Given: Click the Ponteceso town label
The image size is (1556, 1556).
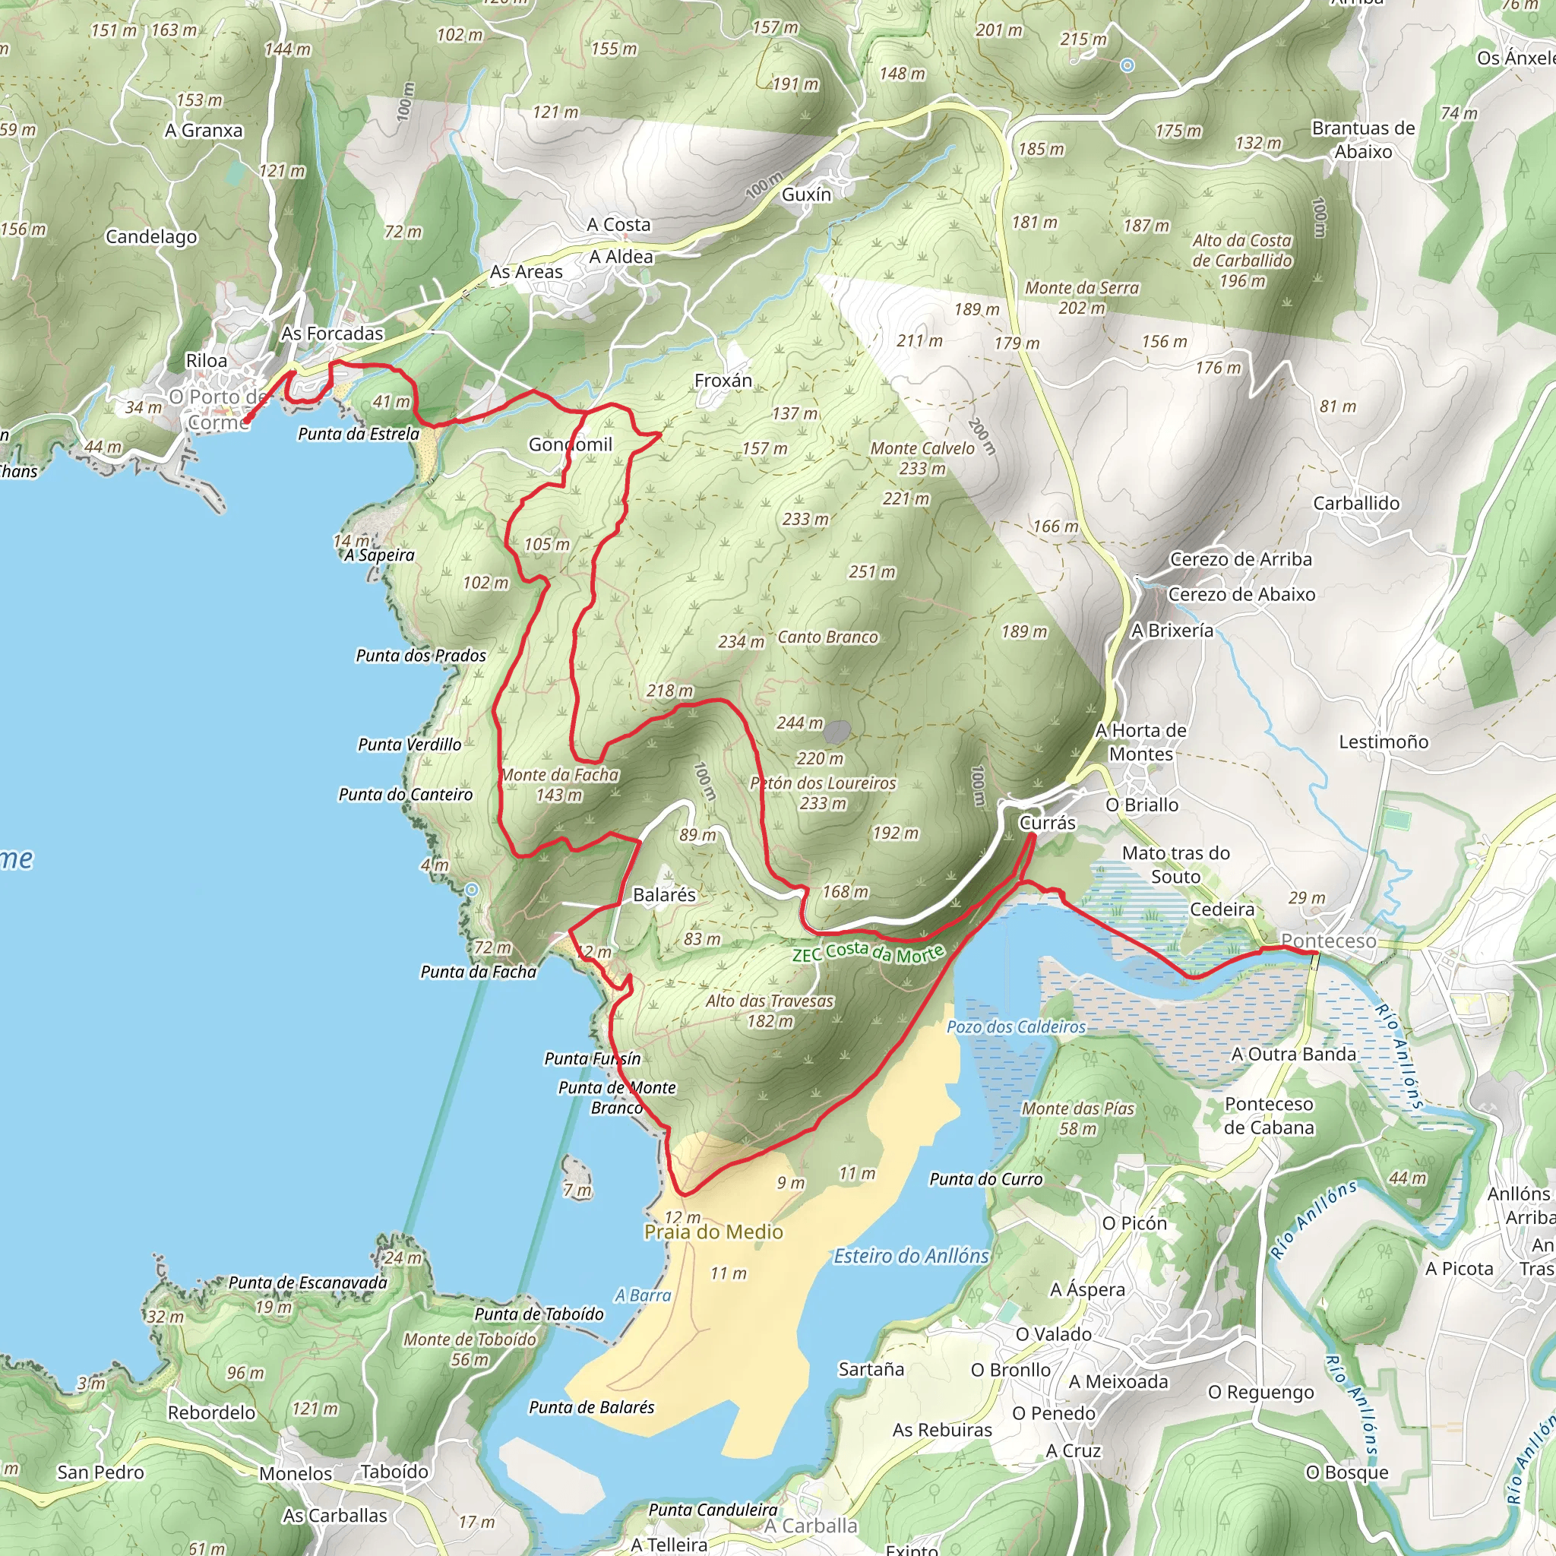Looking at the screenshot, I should tap(1328, 941).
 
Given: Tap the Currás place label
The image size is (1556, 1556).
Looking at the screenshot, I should tap(1047, 822).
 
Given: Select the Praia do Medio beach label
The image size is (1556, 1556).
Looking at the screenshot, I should tap(713, 1232).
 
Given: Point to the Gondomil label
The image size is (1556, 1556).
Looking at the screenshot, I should tap(571, 444).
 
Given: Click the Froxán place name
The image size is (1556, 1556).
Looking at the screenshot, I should tap(723, 380).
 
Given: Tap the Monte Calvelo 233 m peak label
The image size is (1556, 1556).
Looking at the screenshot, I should tap(922, 457).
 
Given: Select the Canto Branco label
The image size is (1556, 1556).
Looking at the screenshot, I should tap(827, 637).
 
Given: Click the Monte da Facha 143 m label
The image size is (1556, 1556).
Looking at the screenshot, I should tap(560, 784).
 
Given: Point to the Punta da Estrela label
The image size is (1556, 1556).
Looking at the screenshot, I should tap(359, 434).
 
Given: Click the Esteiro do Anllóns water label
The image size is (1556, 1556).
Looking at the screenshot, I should tap(911, 1256).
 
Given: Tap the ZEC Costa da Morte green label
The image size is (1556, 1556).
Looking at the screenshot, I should tap(868, 953).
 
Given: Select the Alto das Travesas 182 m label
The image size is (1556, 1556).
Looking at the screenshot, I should tap(770, 1010).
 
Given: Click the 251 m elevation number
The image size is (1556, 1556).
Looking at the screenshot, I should tap(871, 572).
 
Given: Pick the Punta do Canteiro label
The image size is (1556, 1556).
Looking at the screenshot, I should tap(405, 794).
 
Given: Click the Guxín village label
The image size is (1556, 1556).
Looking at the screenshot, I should tap(806, 194).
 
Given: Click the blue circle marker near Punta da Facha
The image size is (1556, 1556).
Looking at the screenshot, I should tap(472, 889).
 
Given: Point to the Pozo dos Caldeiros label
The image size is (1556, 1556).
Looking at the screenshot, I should tap(1016, 1027).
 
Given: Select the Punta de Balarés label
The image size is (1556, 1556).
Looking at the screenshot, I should tap(591, 1407).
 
